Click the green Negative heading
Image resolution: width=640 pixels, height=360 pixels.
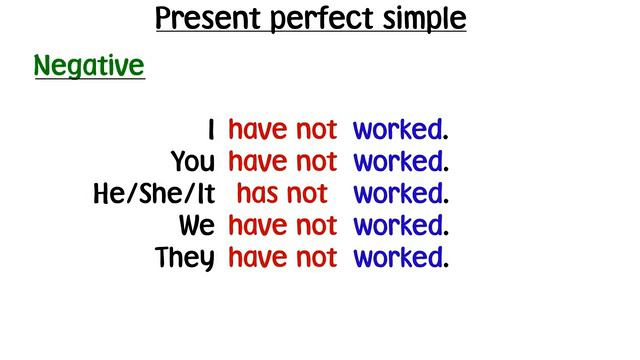pyautogui.click(x=89, y=67)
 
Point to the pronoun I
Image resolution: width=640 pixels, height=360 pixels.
pyautogui.click(x=211, y=130)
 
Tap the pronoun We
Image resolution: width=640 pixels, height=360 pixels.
pyautogui.click(x=197, y=226)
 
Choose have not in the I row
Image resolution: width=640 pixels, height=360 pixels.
pyautogui.click(x=283, y=130)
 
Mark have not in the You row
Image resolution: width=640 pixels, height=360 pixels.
pyautogui.click(x=283, y=162)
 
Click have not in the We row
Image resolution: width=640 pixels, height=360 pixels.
pyautogui.click(x=283, y=226)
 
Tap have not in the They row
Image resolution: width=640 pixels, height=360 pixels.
pyautogui.click(x=283, y=258)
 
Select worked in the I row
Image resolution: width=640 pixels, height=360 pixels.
pyautogui.click(x=397, y=130)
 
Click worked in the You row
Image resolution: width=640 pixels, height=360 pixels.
pyautogui.click(x=397, y=162)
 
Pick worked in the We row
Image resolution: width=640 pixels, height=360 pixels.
pyautogui.click(x=397, y=226)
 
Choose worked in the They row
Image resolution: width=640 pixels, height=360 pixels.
pyautogui.click(x=397, y=258)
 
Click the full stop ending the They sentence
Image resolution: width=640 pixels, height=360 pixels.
pyautogui.click(x=446, y=267)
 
